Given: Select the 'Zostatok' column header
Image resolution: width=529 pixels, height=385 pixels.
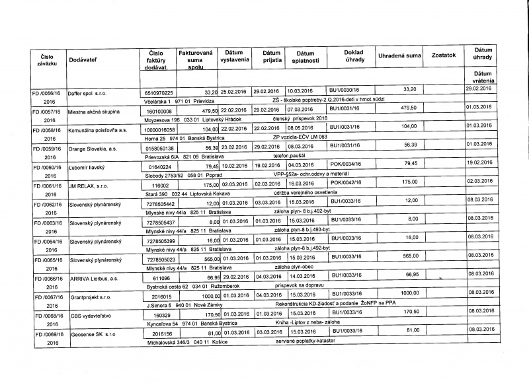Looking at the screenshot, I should (443, 55).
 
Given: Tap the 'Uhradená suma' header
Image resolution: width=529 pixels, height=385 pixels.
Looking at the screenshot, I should (399, 55).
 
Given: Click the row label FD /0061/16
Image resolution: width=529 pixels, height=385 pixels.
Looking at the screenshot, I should (44, 188).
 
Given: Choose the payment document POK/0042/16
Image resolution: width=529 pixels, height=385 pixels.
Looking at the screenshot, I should (346, 182).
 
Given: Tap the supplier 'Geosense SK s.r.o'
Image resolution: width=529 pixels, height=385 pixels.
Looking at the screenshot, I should (95, 337).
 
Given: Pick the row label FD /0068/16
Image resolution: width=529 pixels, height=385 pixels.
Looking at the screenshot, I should (44, 318).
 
